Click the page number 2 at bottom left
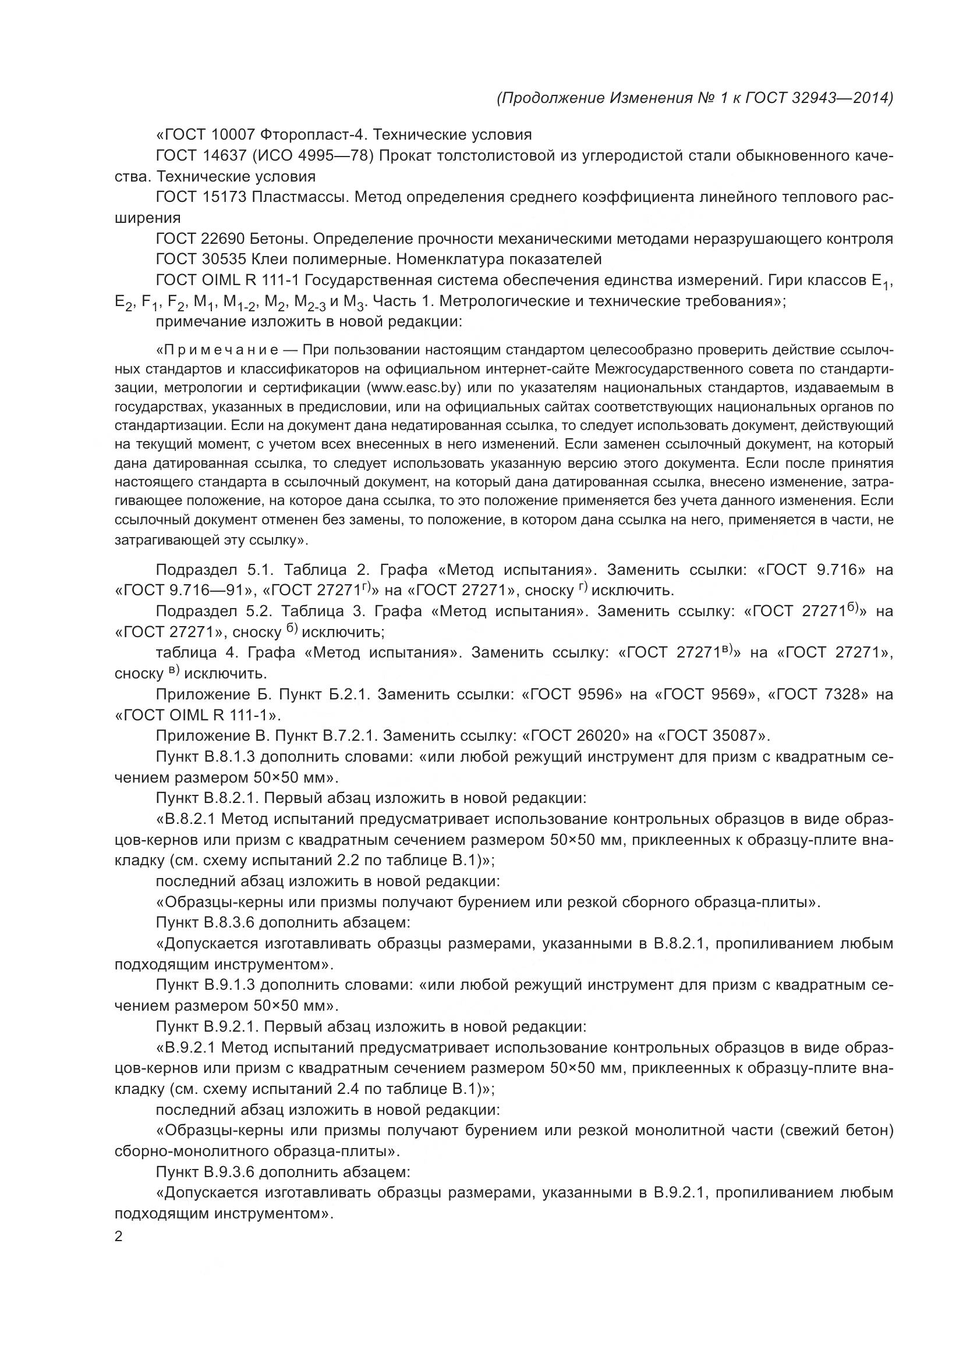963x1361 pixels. click(119, 1237)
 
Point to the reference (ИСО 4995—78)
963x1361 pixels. click(307, 155)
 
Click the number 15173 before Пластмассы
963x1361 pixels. click(221, 197)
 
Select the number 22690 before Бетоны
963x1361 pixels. click(221, 239)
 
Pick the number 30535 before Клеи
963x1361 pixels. click(221, 259)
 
